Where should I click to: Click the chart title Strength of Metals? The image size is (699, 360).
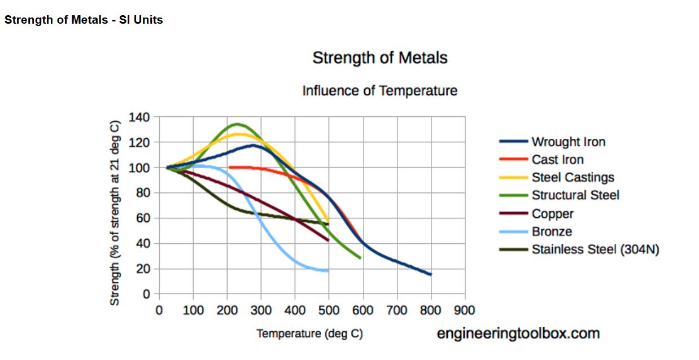click(379, 58)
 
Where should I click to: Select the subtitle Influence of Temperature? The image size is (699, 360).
click(379, 90)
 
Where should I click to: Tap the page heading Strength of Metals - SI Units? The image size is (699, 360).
click(84, 20)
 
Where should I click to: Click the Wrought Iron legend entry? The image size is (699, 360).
click(568, 142)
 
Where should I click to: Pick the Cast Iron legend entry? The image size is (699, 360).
click(557, 160)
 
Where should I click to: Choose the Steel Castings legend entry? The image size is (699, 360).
click(573, 177)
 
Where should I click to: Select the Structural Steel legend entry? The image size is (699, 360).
click(575, 195)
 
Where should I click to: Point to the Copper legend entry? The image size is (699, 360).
click(552, 214)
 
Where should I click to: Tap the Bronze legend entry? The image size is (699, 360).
click(552, 231)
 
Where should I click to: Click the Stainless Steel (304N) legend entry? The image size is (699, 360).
click(595, 249)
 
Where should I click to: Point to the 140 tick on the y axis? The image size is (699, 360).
click(139, 117)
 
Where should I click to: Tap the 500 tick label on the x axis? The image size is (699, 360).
click(329, 310)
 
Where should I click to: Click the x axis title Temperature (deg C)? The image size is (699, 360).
click(309, 333)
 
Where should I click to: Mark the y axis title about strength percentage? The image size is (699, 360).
click(115, 213)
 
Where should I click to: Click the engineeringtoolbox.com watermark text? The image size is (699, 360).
click(518, 333)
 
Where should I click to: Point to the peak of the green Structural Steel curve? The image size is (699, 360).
click(237, 124)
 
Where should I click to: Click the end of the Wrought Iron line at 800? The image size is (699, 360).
click(431, 274)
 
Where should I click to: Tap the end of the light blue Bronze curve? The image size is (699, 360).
click(327, 271)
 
